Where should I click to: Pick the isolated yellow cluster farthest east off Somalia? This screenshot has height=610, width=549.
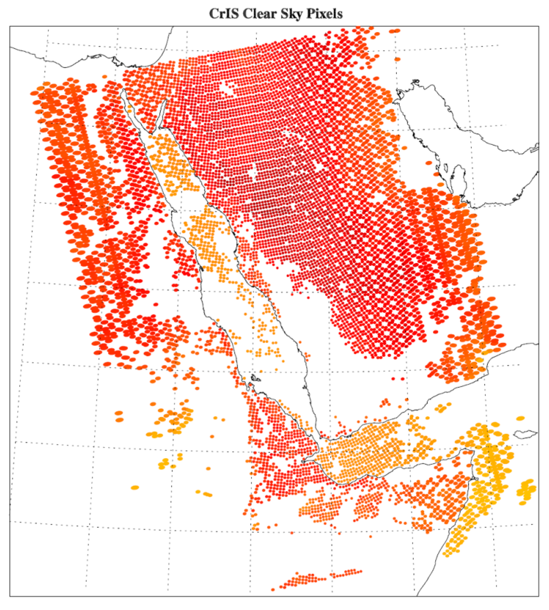tap(526, 491)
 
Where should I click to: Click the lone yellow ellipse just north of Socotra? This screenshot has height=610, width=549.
tap(520, 418)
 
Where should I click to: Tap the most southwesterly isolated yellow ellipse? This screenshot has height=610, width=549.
tap(135, 487)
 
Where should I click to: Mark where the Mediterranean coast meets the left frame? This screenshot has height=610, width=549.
tap(11, 47)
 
